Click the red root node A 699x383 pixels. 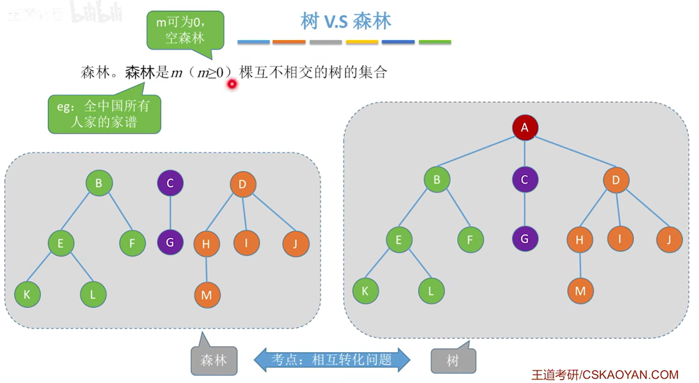click(525, 128)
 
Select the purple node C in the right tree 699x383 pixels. click(525, 180)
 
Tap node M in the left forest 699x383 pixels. click(207, 295)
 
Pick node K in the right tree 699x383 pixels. click(365, 291)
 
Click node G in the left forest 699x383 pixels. click(170, 242)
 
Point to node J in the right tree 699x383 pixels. click(669, 240)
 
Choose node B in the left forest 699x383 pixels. click(99, 183)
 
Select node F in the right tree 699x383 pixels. click(470, 240)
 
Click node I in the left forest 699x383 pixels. click(246, 243)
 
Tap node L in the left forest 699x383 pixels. click(93, 295)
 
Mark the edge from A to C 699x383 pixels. click(525, 153)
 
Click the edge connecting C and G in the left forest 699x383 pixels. click(170, 213)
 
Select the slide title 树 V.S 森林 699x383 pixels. click(346, 21)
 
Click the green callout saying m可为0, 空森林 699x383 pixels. click(185, 30)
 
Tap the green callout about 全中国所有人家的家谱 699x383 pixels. click(104, 114)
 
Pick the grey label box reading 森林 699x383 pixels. click(214, 360)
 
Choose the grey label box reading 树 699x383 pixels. click(453, 360)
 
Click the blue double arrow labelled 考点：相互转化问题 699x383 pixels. click(332, 360)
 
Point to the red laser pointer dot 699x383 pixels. click(232, 84)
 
